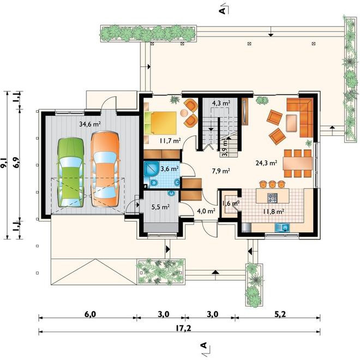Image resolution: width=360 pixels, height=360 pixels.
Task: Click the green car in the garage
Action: tap(70, 172)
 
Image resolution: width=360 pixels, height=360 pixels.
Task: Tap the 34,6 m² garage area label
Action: tap(90, 124)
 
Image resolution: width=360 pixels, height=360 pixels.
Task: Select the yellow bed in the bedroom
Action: tap(161, 123)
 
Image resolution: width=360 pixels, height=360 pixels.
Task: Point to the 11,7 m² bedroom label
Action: tap(170, 141)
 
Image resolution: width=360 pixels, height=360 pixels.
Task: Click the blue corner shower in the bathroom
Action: tap(151, 169)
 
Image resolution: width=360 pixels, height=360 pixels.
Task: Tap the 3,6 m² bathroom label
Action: tap(170, 169)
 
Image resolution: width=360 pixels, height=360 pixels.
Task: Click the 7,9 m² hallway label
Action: tap(221, 171)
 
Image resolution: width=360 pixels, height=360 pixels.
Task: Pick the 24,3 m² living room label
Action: tap(266, 163)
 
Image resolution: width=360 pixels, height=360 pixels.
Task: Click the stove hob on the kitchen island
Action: tap(273, 198)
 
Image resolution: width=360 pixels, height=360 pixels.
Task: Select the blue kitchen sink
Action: tap(282, 227)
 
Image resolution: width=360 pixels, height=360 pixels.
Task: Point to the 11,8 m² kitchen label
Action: tap(274, 212)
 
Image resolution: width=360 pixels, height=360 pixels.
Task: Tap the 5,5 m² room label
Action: tap(160, 207)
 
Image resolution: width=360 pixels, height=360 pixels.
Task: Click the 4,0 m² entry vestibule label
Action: tap(206, 211)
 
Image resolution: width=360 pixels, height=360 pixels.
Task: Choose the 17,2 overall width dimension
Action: tap(183, 328)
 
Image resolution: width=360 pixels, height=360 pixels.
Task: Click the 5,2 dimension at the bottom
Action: tap(280, 314)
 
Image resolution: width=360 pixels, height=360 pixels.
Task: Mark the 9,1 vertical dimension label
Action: tap(4, 164)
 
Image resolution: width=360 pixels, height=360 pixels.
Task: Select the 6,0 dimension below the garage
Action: tap(90, 314)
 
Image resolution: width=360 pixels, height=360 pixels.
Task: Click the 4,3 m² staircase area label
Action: tap(221, 103)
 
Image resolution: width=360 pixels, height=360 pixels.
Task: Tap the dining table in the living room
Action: tap(298, 163)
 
